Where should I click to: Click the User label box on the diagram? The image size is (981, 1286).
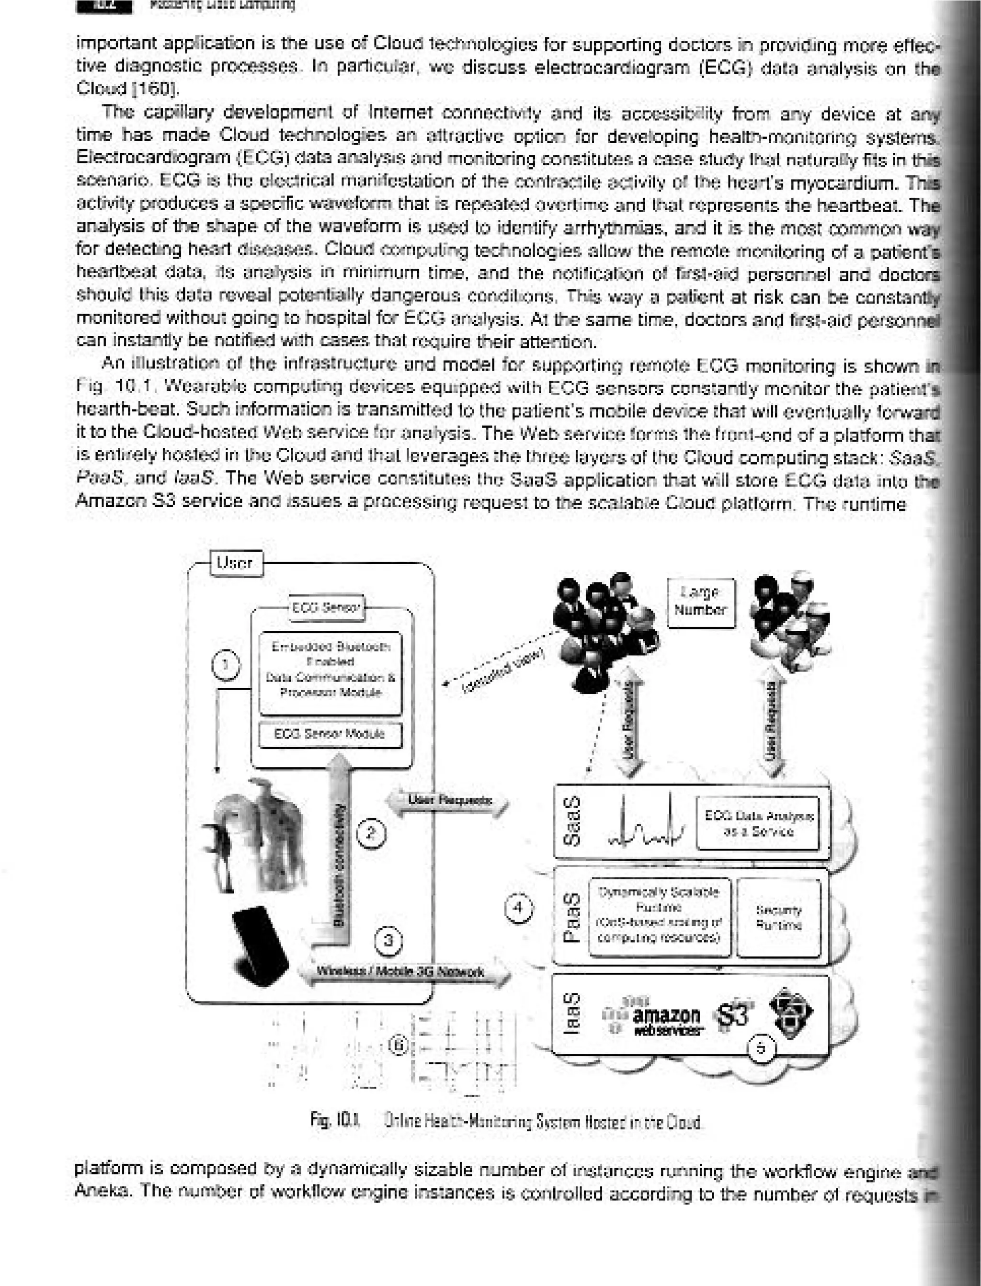(x=234, y=563)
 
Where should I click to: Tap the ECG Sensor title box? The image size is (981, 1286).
(x=326, y=608)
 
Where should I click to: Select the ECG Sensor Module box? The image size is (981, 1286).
(x=330, y=734)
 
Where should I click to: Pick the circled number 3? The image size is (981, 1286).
(x=389, y=941)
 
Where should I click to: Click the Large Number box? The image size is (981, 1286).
(x=700, y=602)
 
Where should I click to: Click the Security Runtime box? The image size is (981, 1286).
(x=778, y=918)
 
